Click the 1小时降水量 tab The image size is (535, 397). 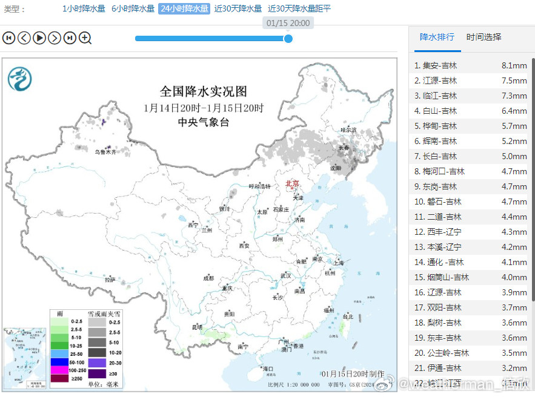coord(84,9)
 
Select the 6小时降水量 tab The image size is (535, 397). coord(133,9)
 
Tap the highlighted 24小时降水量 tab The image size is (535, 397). coord(184,9)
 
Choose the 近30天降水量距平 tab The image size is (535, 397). coord(299,9)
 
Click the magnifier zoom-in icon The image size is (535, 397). coord(85,38)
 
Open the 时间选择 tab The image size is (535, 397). coord(484,37)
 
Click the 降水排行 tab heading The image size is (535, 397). coord(437,37)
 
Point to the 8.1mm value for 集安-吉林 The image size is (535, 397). coord(514,65)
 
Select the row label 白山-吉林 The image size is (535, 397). coord(440,111)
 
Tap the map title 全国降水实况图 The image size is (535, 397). coord(204,91)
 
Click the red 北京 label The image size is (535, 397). coord(293,183)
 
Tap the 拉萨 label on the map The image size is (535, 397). coord(110,280)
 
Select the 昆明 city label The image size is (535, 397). coord(197,327)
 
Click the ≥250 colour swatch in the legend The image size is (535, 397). coord(59,378)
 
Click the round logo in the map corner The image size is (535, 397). coord(19,79)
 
